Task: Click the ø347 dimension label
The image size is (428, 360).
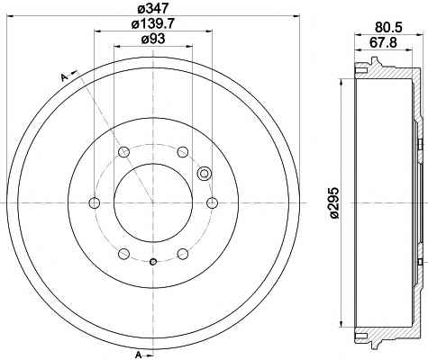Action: point(153,8)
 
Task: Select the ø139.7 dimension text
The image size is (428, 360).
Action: point(153,23)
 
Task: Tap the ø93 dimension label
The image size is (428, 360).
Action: point(153,40)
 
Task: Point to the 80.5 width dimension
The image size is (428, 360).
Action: point(388,27)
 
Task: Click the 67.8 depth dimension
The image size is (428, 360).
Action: point(383,42)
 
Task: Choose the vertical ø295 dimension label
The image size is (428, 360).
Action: point(333,202)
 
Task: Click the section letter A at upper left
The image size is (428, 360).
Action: point(64,77)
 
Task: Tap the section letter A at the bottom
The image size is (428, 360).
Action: point(139,355)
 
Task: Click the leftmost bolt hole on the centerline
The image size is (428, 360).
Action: point(95,202)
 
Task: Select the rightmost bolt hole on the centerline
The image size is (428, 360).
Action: point(212,202)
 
